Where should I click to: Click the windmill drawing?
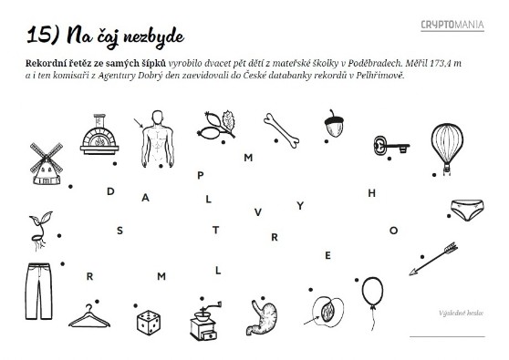[47, 164]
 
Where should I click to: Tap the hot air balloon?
[447, 146]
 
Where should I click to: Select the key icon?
[390, 146]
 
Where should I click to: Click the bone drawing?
[282, 130]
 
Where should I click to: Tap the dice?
[149, 323]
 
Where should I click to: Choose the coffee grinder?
[204, 321]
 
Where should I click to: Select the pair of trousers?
[39, 292]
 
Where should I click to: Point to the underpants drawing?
[467, 210]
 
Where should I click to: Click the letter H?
[372, 193]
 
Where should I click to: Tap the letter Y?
[300, 205]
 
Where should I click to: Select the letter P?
[201, 176]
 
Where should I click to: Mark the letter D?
[110, 191]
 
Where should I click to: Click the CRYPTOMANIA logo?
[452, 25]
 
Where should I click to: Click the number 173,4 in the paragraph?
[441, 63]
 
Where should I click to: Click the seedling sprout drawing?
[40, 231]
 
